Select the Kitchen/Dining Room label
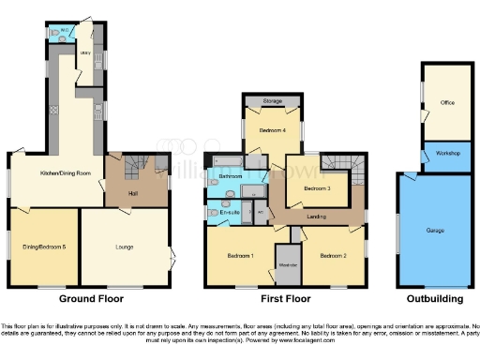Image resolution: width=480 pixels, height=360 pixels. tap(64, 174)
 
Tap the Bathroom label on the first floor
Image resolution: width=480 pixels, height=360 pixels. tap(231, 176)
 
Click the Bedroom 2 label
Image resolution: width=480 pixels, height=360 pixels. tap(332, 256)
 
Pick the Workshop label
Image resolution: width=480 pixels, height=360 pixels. tap(447, 153)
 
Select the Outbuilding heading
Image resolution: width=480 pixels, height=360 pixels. tap(434, 299)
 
